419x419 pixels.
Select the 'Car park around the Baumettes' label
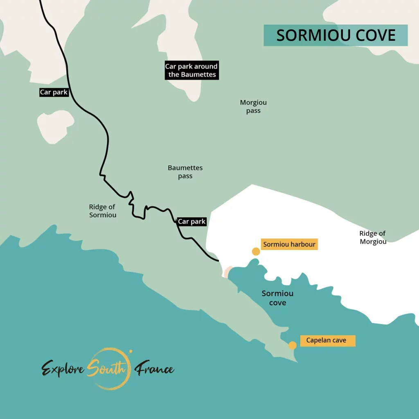point(191,70)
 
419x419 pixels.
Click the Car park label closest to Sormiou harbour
point(191,222)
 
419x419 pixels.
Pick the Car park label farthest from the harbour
point(54,92)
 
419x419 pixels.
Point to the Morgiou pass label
point(253,106)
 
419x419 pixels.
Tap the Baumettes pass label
point(185,172)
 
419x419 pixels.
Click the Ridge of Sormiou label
point(103,211)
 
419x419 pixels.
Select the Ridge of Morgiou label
point(372,237)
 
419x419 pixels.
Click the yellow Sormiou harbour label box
point(289,245)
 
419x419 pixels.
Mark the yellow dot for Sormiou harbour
point(256,252)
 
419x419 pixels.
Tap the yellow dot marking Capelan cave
point(293,345)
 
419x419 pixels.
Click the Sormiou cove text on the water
point(277,298)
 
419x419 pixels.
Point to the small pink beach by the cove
point(228,271)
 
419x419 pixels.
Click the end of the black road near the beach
point(218,260)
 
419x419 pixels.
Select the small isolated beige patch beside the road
point(56,126)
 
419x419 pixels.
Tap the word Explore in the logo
point(63,369)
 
